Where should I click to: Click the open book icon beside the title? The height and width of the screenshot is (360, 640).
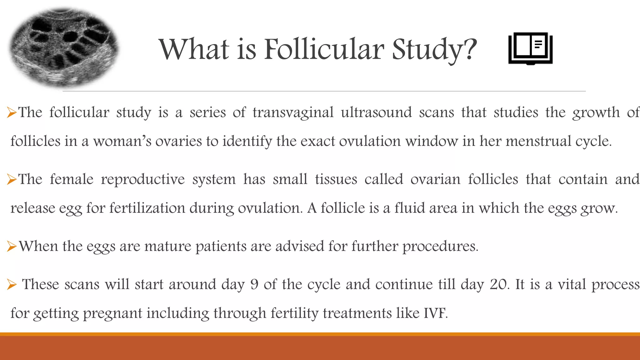point(530,48)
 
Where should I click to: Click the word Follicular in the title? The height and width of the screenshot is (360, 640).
point(324,49)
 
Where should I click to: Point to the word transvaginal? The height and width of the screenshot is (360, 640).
point(293,112)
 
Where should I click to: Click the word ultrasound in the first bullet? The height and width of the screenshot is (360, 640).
point(376,112)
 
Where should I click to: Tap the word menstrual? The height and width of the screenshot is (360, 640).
point(538,141)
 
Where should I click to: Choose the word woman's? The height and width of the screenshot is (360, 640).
point(122,141)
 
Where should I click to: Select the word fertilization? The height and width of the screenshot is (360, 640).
point(147,208)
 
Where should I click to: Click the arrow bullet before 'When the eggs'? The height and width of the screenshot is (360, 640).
point(12,247)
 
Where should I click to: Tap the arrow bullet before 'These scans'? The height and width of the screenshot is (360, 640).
point(12,285)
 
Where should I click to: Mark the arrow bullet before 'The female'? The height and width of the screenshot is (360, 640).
point(12,180)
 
